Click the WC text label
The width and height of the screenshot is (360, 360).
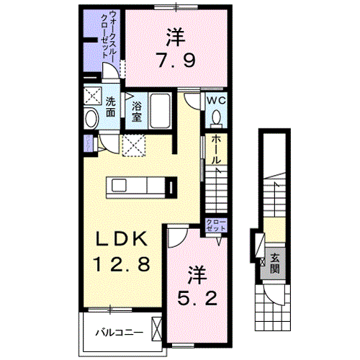point(216,102)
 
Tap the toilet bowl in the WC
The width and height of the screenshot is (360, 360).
point(217,117)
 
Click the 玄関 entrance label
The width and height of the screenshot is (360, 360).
point(274,265)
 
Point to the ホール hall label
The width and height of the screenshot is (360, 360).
point(216,150)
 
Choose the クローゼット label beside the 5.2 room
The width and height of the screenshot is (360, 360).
point(215,224)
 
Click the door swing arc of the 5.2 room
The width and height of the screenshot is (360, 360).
point(177,238)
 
